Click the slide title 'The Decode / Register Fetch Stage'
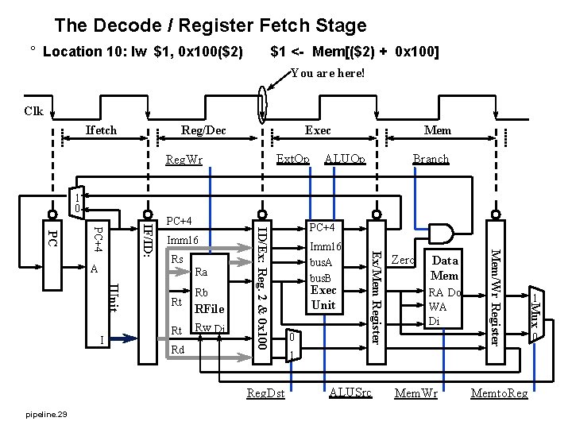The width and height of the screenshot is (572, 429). tap(211, 25)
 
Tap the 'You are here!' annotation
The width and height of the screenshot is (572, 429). tap(327, 73)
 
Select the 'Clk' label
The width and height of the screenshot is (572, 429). tap(33, 112)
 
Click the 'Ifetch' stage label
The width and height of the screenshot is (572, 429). tap(101, 130)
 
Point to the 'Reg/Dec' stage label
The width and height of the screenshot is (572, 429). tap(203, 130)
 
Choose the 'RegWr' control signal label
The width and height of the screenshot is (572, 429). tap(184, 160)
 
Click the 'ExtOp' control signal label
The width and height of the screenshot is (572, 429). tap(292, 159)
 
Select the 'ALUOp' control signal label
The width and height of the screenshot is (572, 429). tap(346, 159)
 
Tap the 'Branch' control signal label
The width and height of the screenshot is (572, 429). tap(431, 159)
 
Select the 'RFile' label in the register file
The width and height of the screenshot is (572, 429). tap(210, 309)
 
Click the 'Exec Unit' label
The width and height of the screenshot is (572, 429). tap(323, 298)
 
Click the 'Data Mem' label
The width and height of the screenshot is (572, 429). tap(444, 268)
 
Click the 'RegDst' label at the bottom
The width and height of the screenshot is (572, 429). tap(265, 392)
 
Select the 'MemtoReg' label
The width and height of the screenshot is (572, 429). tap(499, 392)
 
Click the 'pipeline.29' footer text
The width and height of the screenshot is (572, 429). tap(46, 415)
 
